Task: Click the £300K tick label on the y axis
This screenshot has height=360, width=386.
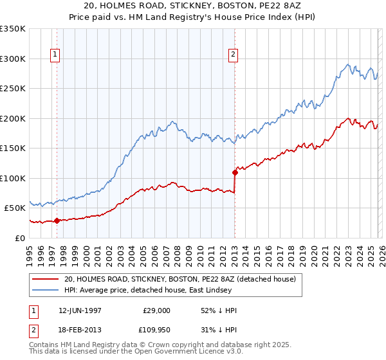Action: pos(13,59)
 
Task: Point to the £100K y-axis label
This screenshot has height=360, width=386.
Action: pos(13,178)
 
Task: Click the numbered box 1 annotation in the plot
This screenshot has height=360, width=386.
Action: pos(56,55)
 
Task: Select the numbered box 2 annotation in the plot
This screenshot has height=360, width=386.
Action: pos(233,55)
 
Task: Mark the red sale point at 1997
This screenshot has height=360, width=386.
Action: pos(57,221)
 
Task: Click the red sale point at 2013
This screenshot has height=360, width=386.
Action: pos(235,172)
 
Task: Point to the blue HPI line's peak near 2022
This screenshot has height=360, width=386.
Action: pos(348,64)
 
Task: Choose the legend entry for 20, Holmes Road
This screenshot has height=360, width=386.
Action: pos(179,279)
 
